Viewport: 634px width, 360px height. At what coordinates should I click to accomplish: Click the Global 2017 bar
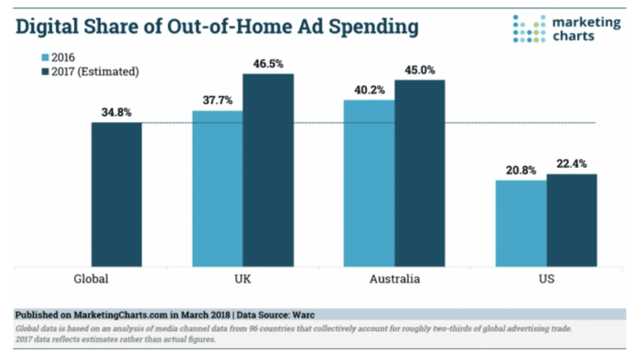click(x=116, y=194)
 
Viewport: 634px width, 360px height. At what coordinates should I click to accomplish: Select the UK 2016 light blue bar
click(x=218, y=189)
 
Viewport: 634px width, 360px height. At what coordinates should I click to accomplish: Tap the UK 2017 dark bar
click(x=268, y=170)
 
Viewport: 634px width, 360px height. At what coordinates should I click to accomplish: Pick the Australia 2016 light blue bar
click(x=369, y=183)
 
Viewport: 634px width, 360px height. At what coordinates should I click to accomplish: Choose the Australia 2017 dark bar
click(x=420, y=173)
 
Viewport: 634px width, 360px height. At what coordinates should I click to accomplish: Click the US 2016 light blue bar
click(x=521, y=223)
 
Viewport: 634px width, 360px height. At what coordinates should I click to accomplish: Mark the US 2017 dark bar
click(x=572, y=220)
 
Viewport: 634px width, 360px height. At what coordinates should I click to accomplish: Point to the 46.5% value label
click(x=268, y=64)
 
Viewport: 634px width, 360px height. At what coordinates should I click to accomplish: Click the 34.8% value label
click(x=116, y=113)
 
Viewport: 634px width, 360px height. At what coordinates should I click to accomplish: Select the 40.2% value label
click(x=369, y=90)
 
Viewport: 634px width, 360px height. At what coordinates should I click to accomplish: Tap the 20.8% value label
click(x=521, y=170)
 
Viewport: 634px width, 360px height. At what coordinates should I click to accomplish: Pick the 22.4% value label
click(x=572, y=164)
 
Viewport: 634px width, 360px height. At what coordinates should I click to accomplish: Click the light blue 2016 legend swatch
click(x=45, y=58)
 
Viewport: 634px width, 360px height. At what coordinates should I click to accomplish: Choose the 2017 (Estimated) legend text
click(x=95, y=72)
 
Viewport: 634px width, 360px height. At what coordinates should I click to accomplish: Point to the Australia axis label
click(x=394, y=279)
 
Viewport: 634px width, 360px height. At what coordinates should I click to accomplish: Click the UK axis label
click(x=242, y=279)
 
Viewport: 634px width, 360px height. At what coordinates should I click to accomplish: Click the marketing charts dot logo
click(x=529, y=29)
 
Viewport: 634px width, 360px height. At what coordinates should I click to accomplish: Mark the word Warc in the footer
click(x=303, y=315)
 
